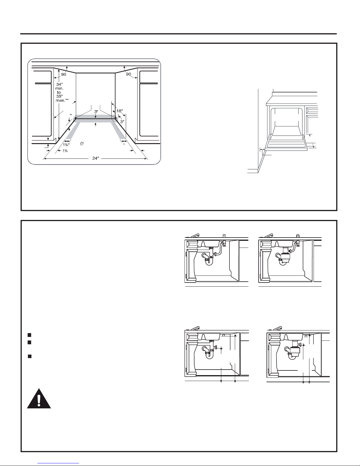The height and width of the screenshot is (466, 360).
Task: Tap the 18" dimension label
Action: click(x=120, y=111)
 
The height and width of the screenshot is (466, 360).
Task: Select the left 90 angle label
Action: click(x=64, y=75)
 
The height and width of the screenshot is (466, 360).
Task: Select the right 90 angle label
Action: click(x=128, y=75)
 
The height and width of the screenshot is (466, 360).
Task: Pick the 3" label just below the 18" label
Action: click(x=122, y=121)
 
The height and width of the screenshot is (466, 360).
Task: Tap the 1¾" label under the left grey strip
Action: click(x=66, y=144)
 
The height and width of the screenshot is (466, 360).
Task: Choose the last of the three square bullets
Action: click(x=29, y=356)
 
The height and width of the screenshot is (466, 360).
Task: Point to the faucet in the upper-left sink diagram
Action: click(x=195, y=236)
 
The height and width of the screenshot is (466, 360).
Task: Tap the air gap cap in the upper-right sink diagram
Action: click(x=298, y=235)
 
